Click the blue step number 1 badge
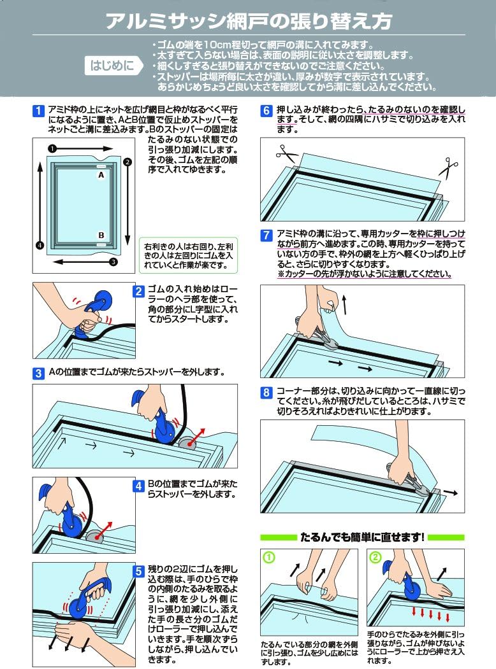(x=38, y=111)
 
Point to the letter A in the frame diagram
(x=101, y=175)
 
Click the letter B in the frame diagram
(x=101, y=235)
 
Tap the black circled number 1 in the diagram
(x=52, y=148)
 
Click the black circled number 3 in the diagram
(x=113, y=262)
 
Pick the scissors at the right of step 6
(x=448, y=167)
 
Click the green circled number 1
(x=269, y=557)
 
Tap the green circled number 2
(x=375, y=557)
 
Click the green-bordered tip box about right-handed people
(x=189, y=255)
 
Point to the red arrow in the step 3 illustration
(x=196, y=437)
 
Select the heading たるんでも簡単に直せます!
(x=362, y=537)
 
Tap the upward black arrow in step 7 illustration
(x=344, y=305)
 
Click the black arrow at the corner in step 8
(x=450, y=493)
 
